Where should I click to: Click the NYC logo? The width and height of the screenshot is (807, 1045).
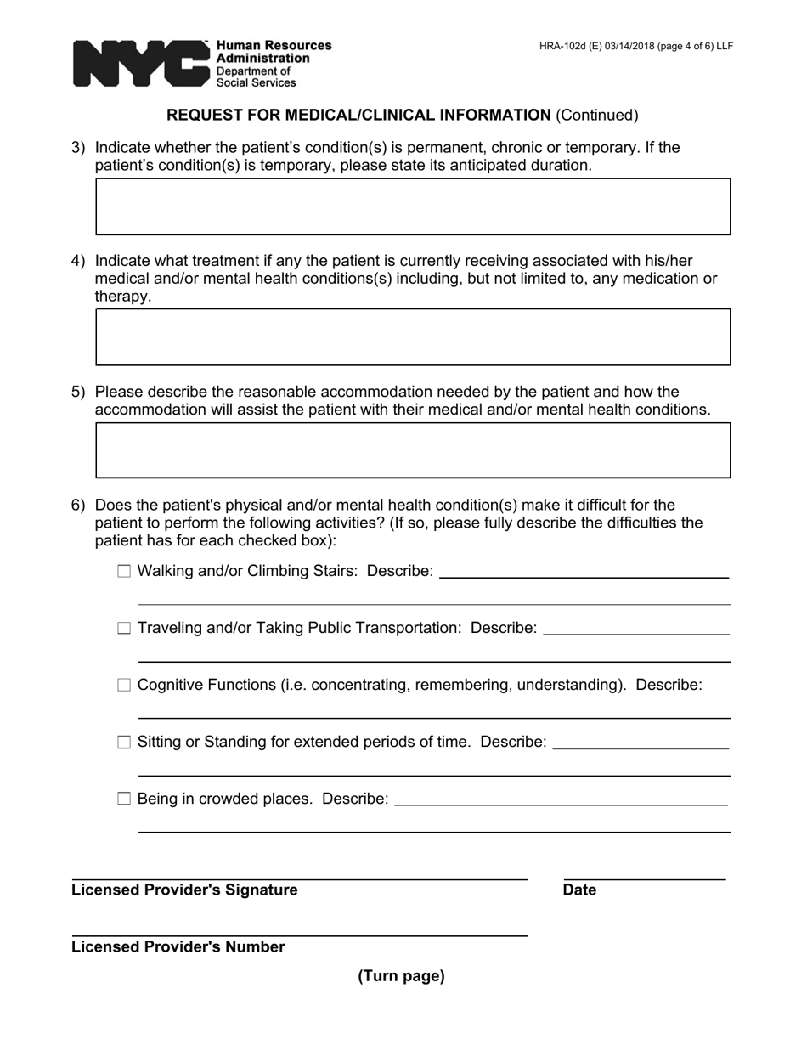[x=140, y=64]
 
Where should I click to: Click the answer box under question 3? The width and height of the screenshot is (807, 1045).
[x=413, y=206]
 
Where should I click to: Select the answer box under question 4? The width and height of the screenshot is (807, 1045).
[x=413, y=337]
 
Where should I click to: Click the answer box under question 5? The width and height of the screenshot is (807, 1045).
[x=413, y=450]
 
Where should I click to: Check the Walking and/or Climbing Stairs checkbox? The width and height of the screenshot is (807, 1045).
[x=124, y=572]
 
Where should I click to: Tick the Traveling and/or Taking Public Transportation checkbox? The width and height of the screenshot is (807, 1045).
[x=124, y=629]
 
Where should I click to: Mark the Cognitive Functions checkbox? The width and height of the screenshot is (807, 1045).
[x=124, y=686]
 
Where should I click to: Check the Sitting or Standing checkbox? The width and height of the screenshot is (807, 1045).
[x=124, y=743]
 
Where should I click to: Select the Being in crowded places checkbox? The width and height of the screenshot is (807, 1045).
[x=124, y=799]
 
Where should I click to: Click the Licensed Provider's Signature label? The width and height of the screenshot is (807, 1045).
[x=184, y=890]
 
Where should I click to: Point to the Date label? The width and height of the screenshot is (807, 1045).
[x=579, y=890]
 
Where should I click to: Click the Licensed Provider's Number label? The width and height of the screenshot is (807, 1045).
[x=178, y=947]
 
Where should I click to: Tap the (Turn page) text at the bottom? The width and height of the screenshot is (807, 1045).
[x=401, y=976]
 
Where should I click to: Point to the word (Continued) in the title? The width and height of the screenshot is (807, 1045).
[x=596, y=116]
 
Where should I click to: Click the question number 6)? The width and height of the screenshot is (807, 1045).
[x=78, y=506]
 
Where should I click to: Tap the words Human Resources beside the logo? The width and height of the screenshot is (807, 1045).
[x=274, y=46]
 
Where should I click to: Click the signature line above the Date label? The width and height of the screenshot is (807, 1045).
[x=644, y=877]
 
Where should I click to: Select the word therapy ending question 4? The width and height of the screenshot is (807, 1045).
[x=122, y=297]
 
